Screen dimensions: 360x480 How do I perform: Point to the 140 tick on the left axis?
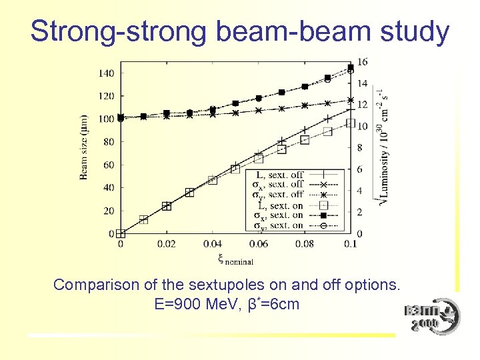[106, 73]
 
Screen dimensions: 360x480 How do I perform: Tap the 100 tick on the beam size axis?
[106, 119]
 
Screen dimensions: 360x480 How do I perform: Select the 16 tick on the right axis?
[362, 62]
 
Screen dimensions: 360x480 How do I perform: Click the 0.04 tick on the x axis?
[213, 244]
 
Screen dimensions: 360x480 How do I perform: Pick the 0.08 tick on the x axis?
[305, 244]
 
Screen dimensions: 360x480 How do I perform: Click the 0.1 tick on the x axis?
[351, 244]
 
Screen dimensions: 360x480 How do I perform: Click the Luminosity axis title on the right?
[382, 147]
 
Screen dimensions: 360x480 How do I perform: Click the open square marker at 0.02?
[167, 206]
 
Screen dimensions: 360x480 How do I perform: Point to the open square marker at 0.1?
[351, 123]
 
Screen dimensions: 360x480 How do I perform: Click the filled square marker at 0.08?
[305, 87]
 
